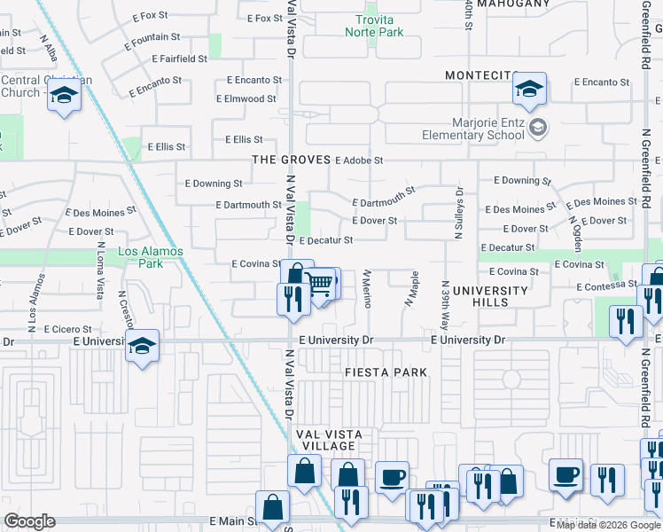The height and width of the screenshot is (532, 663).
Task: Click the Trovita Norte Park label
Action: click(x=379, y=26)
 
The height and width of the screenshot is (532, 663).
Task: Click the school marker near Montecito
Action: click(x=529, y=89)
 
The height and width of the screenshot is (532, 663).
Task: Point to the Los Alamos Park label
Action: click(x=152, y=257)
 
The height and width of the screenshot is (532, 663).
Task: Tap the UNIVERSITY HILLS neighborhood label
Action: click(x=490, y=296)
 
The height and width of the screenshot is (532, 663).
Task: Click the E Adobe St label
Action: click(x=359, y=160)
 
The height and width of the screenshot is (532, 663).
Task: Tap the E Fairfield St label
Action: click(x=180, y=59)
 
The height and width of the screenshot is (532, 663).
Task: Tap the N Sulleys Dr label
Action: click(x=459, y=213)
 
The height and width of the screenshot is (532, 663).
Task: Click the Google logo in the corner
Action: click(x=29, y=521)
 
